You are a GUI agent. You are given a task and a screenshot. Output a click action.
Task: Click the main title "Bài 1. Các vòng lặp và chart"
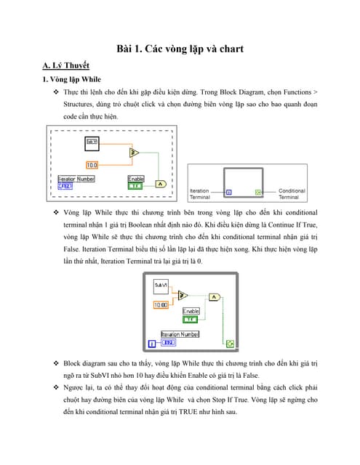point(180,49)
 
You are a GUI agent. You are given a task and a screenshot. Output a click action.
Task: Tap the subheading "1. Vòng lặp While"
point(72,80)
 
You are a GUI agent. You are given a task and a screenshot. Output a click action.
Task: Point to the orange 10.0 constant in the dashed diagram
point(92,165)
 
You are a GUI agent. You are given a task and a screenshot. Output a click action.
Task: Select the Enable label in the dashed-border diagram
point(136,178)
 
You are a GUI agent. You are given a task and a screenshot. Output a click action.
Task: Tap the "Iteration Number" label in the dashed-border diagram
point(76,178)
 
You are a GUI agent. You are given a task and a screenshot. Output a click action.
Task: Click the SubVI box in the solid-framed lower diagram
point(161,286)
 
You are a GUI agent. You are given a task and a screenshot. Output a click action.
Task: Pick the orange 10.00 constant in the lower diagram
point(161,305)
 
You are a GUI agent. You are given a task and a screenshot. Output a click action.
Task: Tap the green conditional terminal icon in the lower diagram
point(230,343)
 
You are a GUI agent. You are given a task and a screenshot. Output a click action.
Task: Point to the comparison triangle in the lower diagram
point(183,296)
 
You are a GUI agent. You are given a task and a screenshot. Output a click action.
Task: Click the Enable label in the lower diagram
point(191,311)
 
